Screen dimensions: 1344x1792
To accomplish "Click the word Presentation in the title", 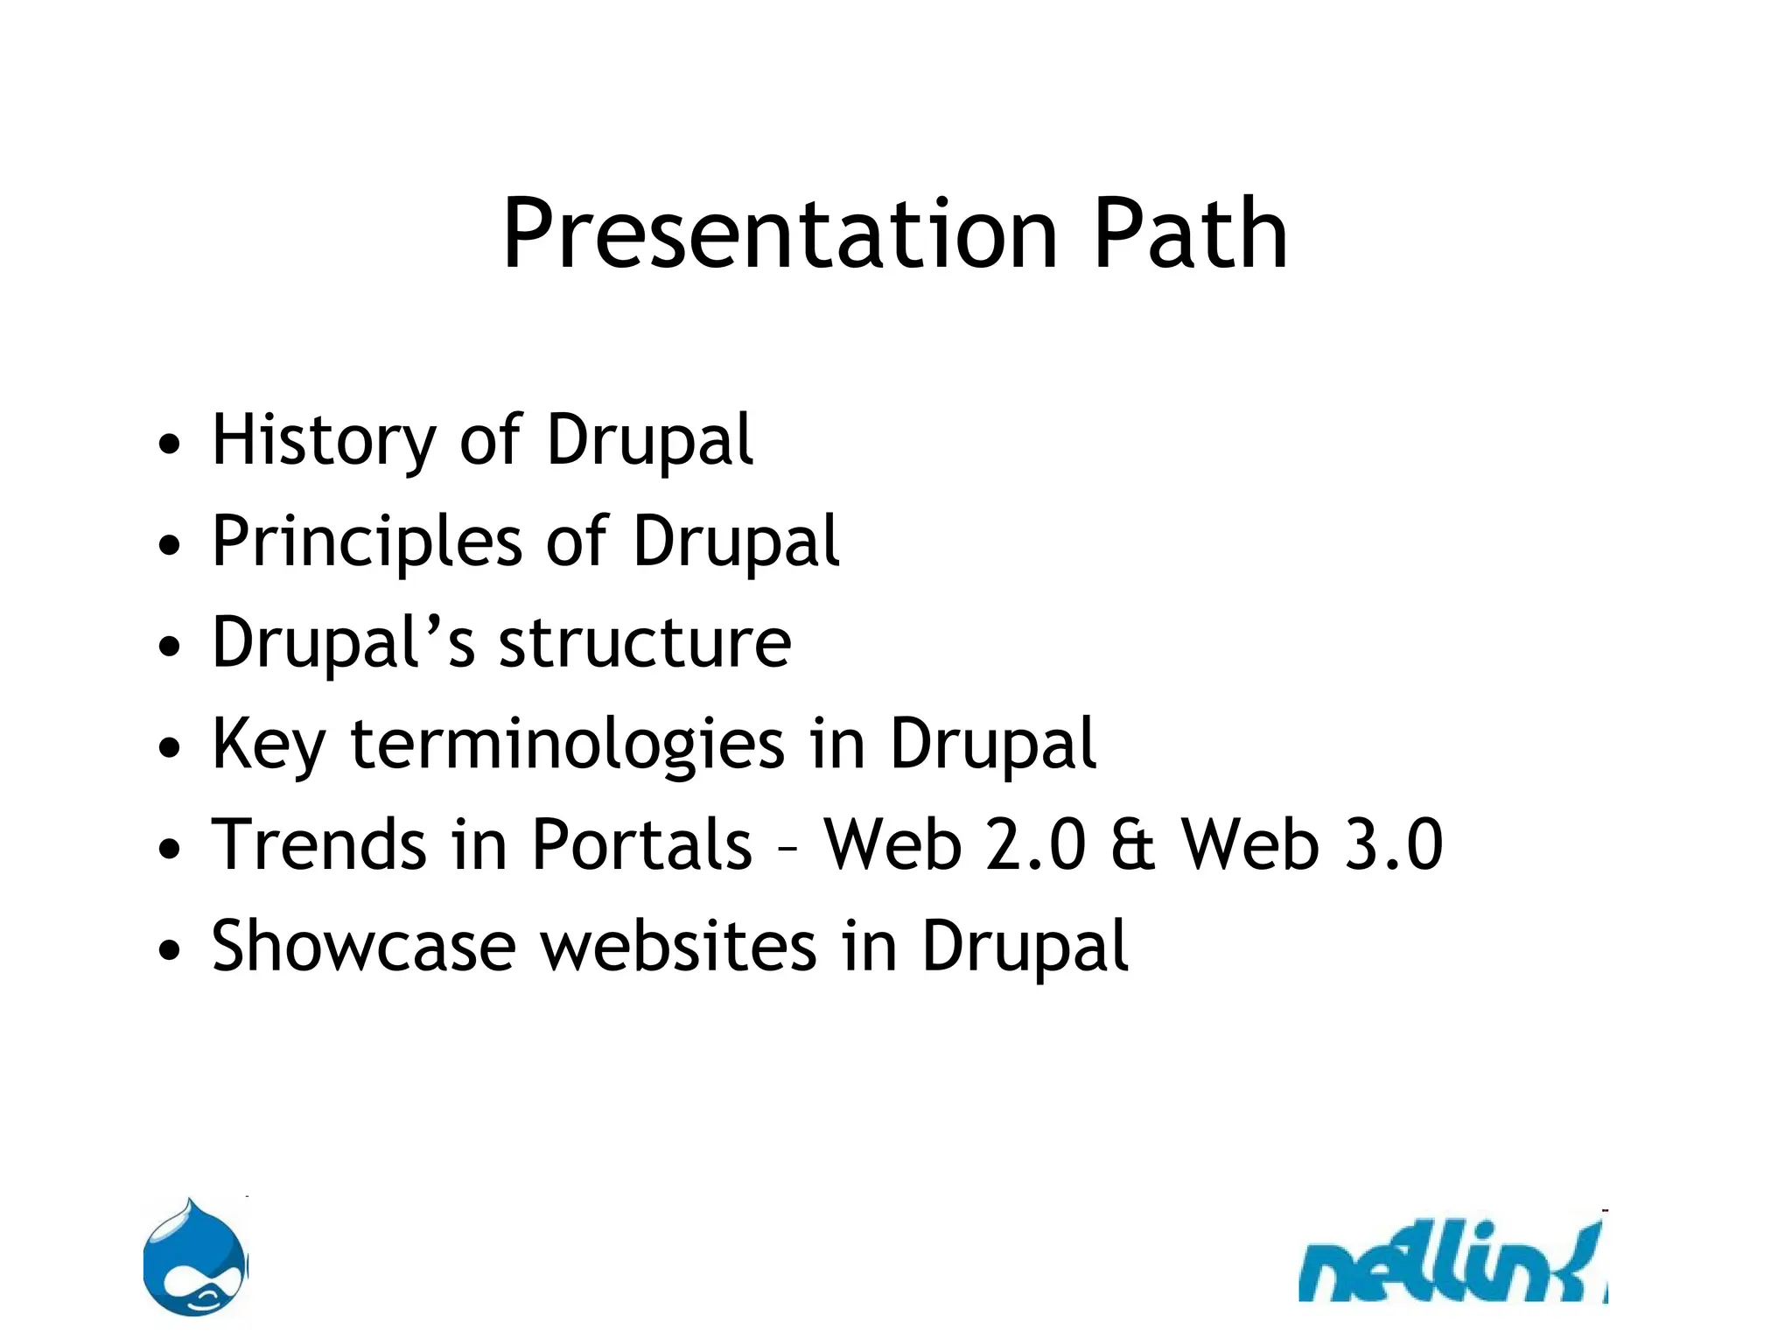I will [779, 234].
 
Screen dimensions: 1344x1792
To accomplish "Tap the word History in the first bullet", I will [323, 440].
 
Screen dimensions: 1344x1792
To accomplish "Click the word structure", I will [645, 643].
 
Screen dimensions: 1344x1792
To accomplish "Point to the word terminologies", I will [567, 745].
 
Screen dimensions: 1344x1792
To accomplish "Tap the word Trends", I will [317, 845].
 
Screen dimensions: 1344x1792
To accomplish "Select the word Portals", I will [641, 845].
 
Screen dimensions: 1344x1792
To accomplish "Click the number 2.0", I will [1035, 845].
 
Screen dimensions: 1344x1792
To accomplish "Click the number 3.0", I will [1393, 845].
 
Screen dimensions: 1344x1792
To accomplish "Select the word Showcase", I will [364, 947].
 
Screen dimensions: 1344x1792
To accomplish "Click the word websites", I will [678, 947].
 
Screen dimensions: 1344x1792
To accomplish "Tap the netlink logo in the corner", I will [1452, 1264].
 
